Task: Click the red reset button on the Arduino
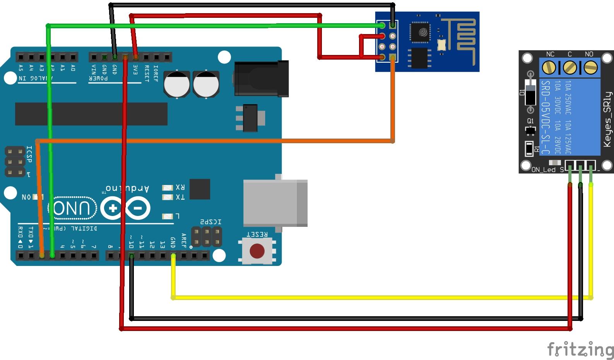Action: [257, 251]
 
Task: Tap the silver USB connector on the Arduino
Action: [275, 203]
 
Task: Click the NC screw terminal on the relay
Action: [549, 68]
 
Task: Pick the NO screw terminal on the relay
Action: [590, 68]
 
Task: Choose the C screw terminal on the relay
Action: [570, 68]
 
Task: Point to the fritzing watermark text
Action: [580, 350]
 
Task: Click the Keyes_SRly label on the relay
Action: [607, 119]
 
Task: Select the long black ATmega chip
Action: [91, 114]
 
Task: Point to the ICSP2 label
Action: [211, 222]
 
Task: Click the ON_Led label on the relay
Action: [543, 170]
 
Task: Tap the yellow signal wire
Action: [348, 298]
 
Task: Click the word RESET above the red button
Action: [257, 234]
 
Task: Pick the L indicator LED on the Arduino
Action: [167, 216]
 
